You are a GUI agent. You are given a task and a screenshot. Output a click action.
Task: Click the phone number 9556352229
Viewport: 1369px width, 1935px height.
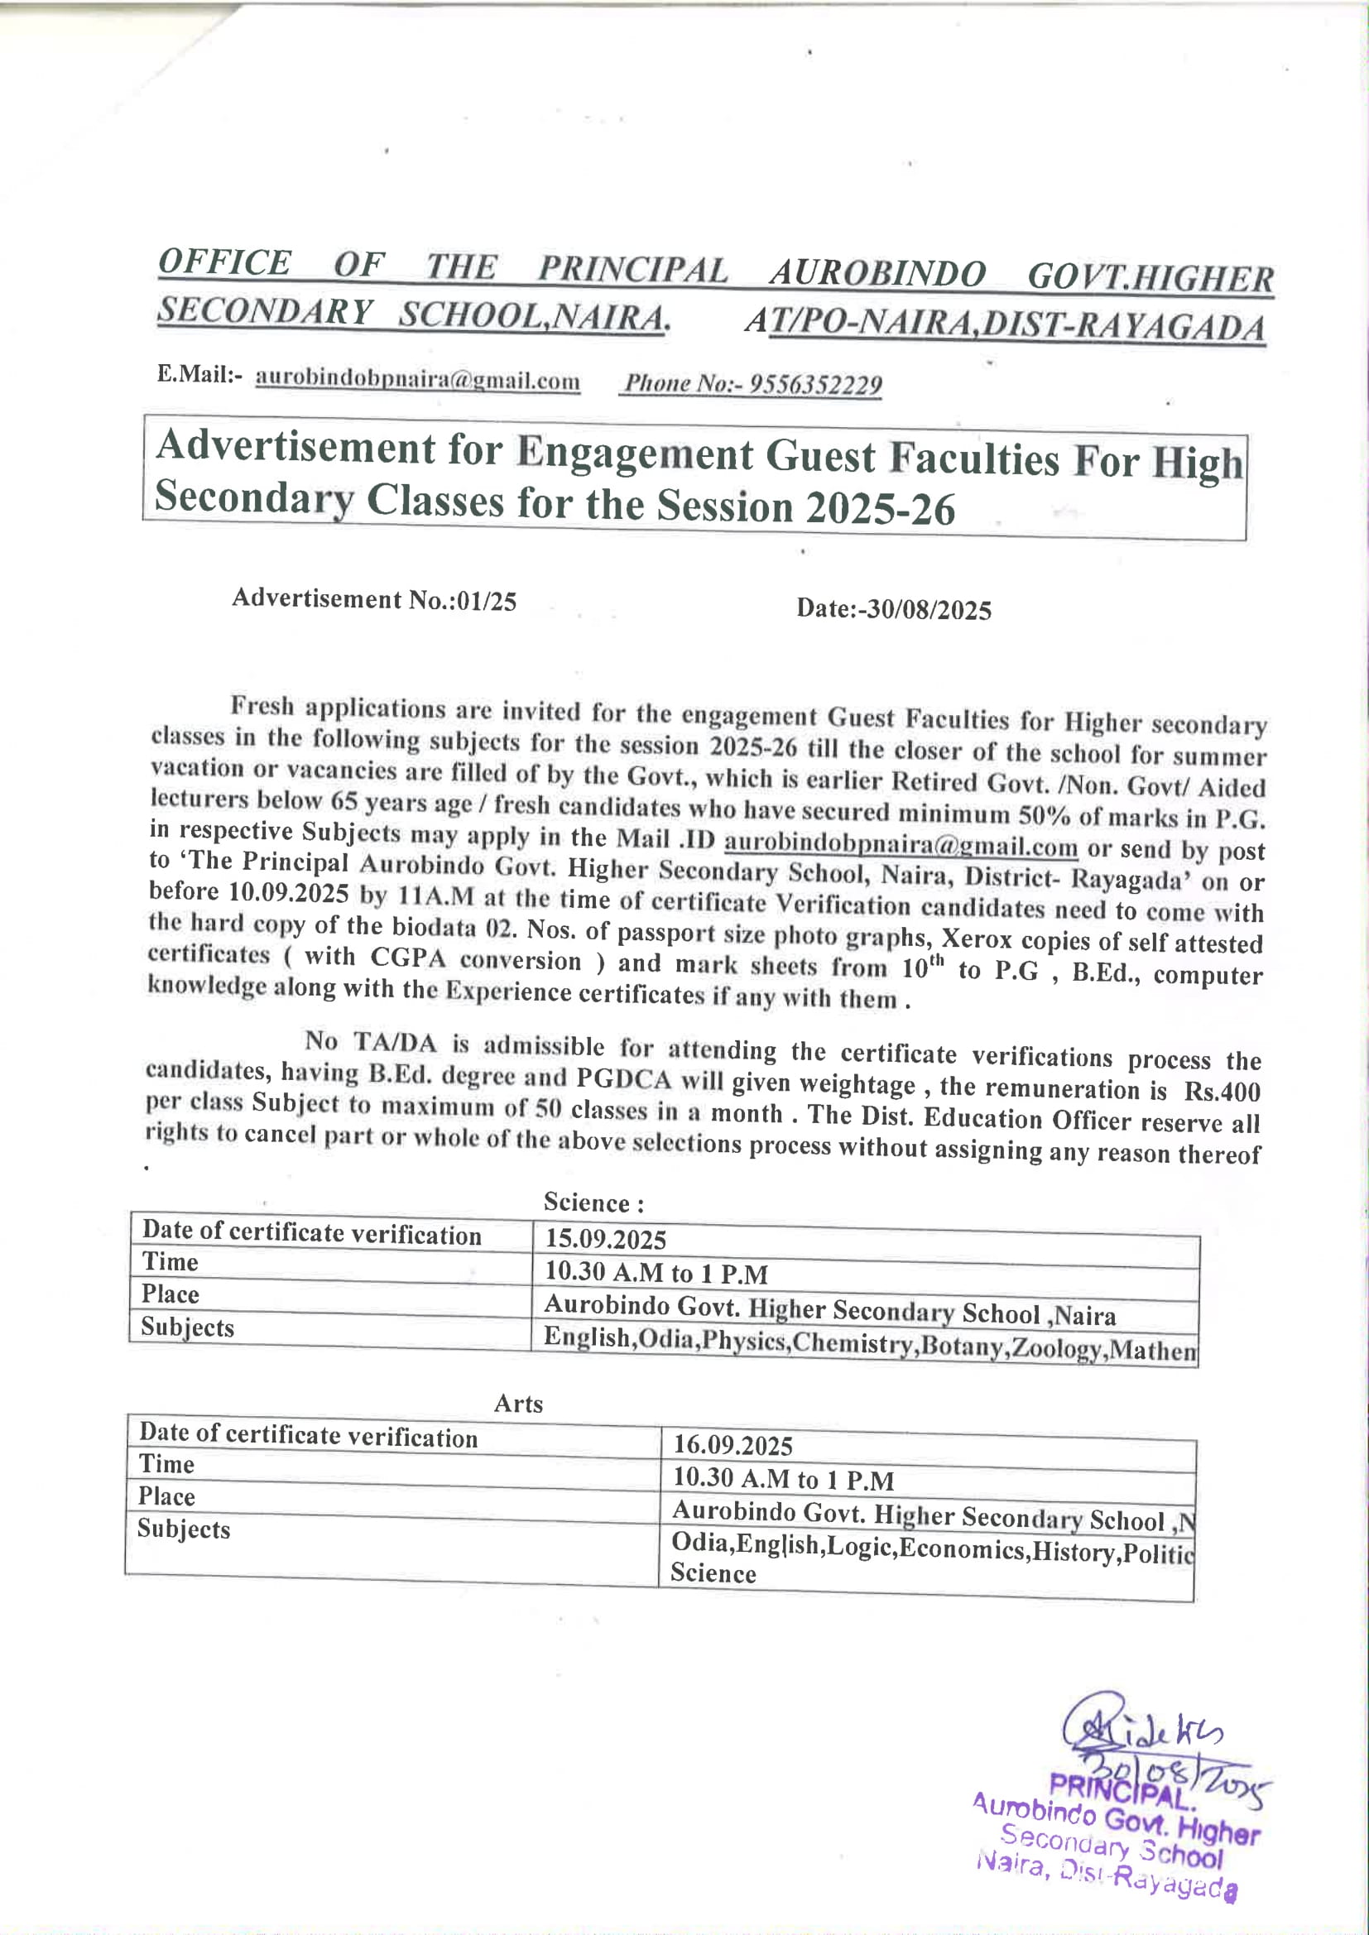[815, 385]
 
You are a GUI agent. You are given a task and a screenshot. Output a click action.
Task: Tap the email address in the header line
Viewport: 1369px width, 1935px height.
[417, 379]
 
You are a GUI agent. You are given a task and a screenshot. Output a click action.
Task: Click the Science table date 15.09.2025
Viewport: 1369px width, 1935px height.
[605, 1239]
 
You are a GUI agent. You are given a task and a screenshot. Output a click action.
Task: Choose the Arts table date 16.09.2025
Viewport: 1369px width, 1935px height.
[733, 1445]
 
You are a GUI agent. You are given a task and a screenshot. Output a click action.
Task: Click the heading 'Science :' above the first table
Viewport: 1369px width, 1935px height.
[593, 1203]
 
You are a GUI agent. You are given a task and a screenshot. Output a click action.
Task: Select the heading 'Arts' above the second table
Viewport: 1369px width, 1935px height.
[518, 1403]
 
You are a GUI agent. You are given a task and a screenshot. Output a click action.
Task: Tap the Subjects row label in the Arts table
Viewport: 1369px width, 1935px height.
[184, 1529]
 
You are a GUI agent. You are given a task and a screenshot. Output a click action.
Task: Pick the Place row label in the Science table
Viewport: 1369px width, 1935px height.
[171, 1294]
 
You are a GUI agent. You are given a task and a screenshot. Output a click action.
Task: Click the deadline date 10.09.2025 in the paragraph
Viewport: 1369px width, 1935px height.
[288, 892]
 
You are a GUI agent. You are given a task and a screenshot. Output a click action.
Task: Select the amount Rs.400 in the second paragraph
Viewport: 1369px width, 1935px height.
[1222, 1092]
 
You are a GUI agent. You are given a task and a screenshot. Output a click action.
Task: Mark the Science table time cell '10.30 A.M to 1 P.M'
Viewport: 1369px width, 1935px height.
[656, 1272]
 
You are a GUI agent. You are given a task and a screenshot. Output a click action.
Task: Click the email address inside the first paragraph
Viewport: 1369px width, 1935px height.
[901, 843]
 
